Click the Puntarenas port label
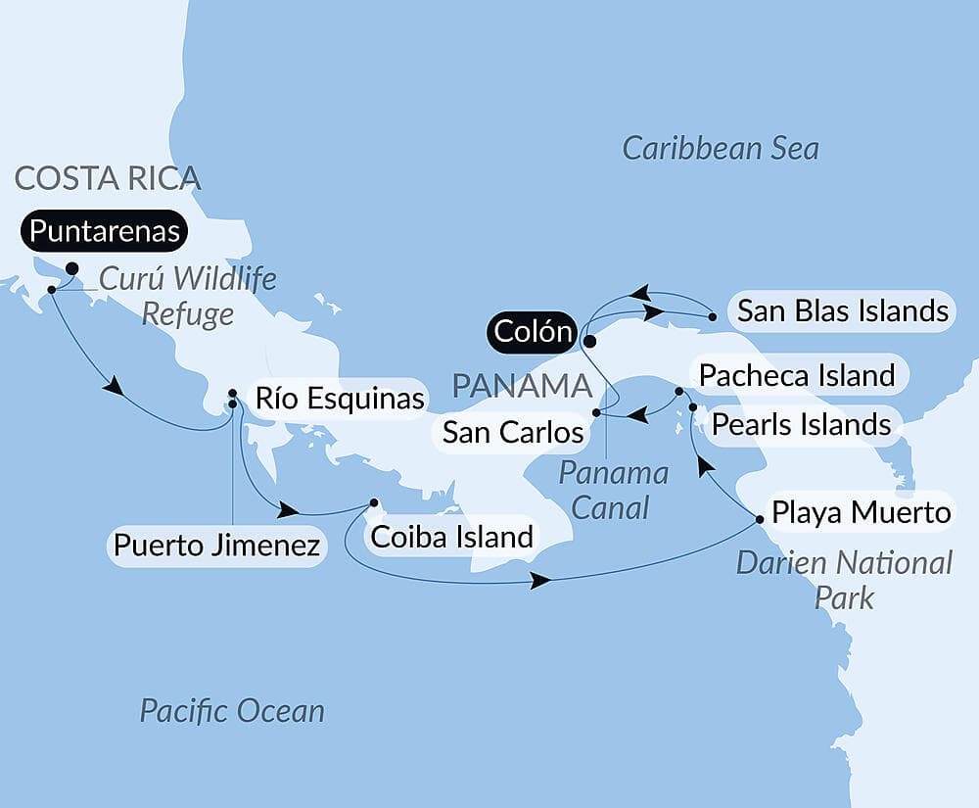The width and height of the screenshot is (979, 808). click(105, 231)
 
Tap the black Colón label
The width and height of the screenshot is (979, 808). click(533, 332)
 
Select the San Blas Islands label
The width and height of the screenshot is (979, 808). click(842, 311)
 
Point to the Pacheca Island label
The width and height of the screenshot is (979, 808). click(797, 374)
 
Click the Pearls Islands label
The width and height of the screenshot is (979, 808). click(801, 425)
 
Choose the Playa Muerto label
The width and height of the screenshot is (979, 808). click(861, 512)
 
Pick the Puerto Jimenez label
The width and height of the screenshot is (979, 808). click(216, 546)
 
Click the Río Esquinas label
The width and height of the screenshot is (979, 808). click(339, 399)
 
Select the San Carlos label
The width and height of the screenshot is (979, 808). click(513, 432)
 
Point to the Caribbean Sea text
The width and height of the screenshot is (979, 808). click(721, 149)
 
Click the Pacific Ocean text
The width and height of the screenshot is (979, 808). click(231, 710)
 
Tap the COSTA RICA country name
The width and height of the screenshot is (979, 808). click(108, 178)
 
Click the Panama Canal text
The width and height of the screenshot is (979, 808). click(613, 490)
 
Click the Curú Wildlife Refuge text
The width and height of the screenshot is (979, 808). click(186, 296)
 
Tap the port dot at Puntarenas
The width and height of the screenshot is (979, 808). click(71, 268)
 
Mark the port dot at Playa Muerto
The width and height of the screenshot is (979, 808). click(760, 518)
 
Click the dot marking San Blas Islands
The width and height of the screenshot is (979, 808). click(713, 316)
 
